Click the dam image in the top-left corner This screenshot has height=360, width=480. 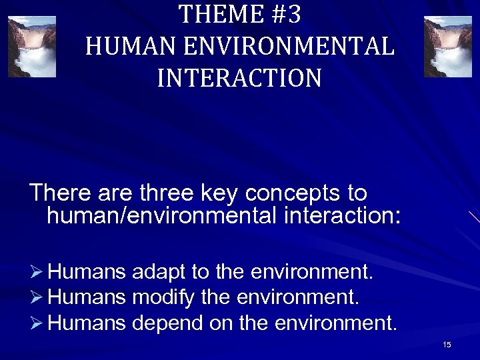click(31, 47)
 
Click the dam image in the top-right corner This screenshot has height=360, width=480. click(447, 47)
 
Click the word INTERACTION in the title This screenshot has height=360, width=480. click(239, 78)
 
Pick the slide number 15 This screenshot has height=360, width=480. click(447, 345)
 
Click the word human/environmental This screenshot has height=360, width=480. click(159, 216)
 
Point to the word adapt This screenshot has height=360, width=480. click(159, 273)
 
